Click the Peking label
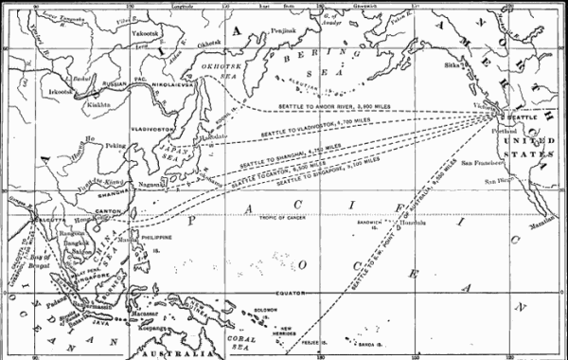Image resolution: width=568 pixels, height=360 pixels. point(115,147)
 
